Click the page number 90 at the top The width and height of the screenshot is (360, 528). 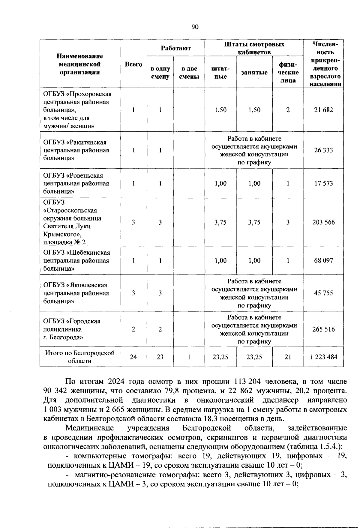point(195,27)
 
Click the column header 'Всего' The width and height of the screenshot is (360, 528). point(133,64)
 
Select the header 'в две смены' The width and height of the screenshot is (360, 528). point(189,73)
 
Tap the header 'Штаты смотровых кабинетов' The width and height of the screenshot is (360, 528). point(254,48)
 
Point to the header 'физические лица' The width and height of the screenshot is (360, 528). point(288,73)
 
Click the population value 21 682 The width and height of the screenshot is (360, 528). point(323,110)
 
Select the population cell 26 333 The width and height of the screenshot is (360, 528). point(323,150)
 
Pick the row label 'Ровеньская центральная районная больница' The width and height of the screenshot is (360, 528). point(76,183)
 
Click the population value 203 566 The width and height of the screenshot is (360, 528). point(323,222)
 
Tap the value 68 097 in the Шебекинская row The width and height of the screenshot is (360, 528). point(323,260)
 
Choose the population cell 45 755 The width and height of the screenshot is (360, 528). point(323,293)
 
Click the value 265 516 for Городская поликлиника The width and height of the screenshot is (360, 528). point(323,329)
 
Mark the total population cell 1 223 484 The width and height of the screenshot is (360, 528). point(323,357)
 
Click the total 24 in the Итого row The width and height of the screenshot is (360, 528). point(133,357)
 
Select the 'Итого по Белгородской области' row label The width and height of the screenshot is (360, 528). point(80,357)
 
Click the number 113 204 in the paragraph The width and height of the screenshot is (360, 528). point(243,382)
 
